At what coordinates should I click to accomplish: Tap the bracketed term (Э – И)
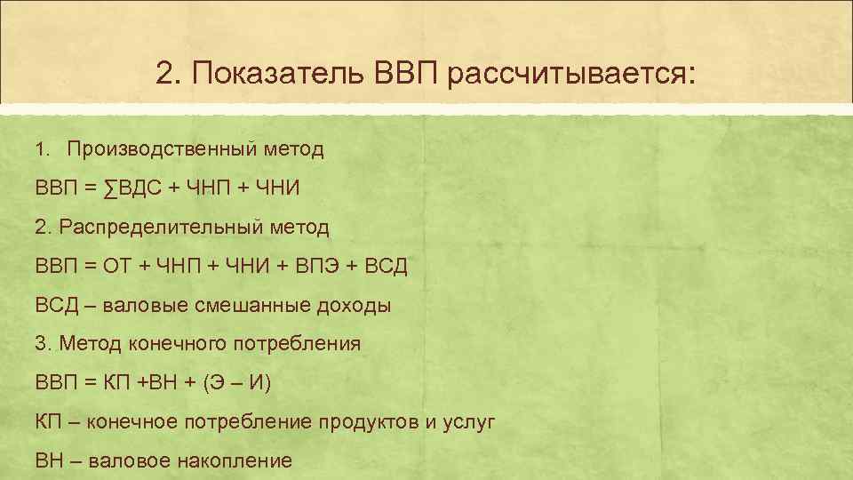(x=236, y=383)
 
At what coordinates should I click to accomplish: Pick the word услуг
(x=467, y=421)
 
